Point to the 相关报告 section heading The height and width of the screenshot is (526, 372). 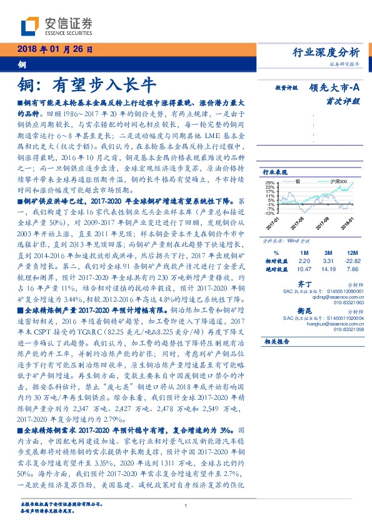[275, 342]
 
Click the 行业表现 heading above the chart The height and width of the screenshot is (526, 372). [275, 171]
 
